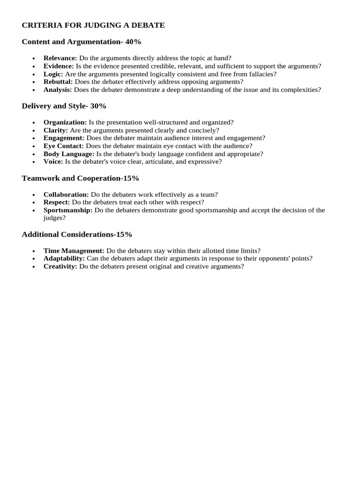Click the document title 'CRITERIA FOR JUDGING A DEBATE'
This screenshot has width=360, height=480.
click(93, 25)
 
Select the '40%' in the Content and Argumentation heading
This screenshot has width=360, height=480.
click(133, 42)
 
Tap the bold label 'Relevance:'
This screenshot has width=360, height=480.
click(60, 58)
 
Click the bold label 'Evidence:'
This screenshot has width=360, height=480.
click(59, 66)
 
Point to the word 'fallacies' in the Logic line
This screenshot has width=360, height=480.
click(261, 74)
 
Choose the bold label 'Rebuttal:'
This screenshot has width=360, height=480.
click(58, 82)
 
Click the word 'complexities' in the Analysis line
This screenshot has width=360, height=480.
click(300, 90)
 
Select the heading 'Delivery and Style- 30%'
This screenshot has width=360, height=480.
click(64, 106)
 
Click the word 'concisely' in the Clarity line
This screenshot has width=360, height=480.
click(202, 130)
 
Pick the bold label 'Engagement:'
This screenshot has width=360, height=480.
click(64, 138)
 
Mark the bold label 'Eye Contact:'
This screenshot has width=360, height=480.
click(64, 146)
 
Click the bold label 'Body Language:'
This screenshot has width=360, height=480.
click(69, 154)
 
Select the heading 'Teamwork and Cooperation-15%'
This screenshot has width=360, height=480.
click(80, 178)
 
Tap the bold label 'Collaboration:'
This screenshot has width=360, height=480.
click(66, 195)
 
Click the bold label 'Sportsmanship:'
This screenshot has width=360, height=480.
click(68, 210)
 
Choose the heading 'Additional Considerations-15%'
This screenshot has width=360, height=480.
click(77, 234)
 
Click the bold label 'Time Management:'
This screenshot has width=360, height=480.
click(74, 251)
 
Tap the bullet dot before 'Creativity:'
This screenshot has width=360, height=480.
click(34, 267)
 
